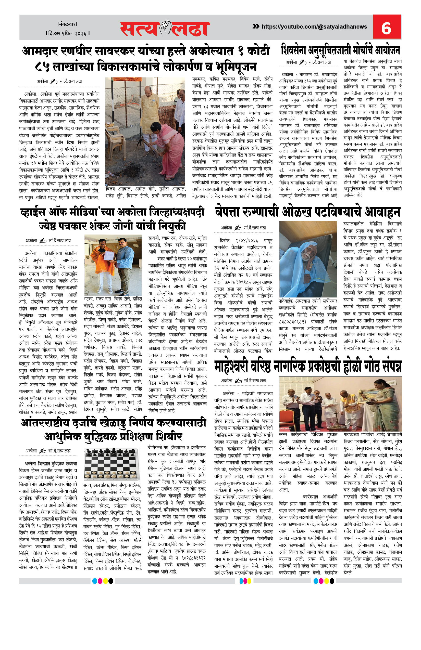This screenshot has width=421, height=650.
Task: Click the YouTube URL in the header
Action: pyautogui.click(x=314, y=27)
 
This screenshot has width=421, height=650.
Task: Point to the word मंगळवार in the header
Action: pyautogui.click(x=68, y=24)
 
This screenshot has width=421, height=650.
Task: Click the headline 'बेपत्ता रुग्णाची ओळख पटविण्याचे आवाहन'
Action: pyautogui.click(x=307, y=212)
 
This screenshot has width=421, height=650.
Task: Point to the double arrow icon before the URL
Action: pyautogui.click(x=256, y=27)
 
